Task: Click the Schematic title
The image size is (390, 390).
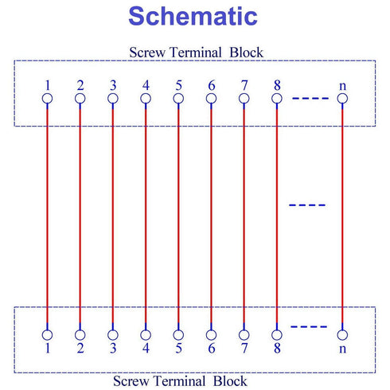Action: pos(193,16)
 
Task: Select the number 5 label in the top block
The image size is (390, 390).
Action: pos(178,85)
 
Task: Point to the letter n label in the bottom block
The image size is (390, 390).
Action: pos(342,349)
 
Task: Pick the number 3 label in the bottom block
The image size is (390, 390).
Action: pos(113,348)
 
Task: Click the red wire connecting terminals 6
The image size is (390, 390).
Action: pos(211,216)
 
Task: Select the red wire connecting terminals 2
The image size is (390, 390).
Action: pos(80,216)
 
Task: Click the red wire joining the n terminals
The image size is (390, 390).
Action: pos(342,216)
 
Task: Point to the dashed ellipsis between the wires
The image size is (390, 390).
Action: pos(307,205)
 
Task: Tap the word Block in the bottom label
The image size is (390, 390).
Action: pos(230,381)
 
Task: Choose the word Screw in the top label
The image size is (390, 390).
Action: pos(147,53)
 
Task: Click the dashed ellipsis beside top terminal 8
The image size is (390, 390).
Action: pos(310,99)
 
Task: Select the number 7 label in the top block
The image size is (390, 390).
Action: pos(244,85)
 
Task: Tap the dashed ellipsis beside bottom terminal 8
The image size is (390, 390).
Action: pos(309,326)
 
